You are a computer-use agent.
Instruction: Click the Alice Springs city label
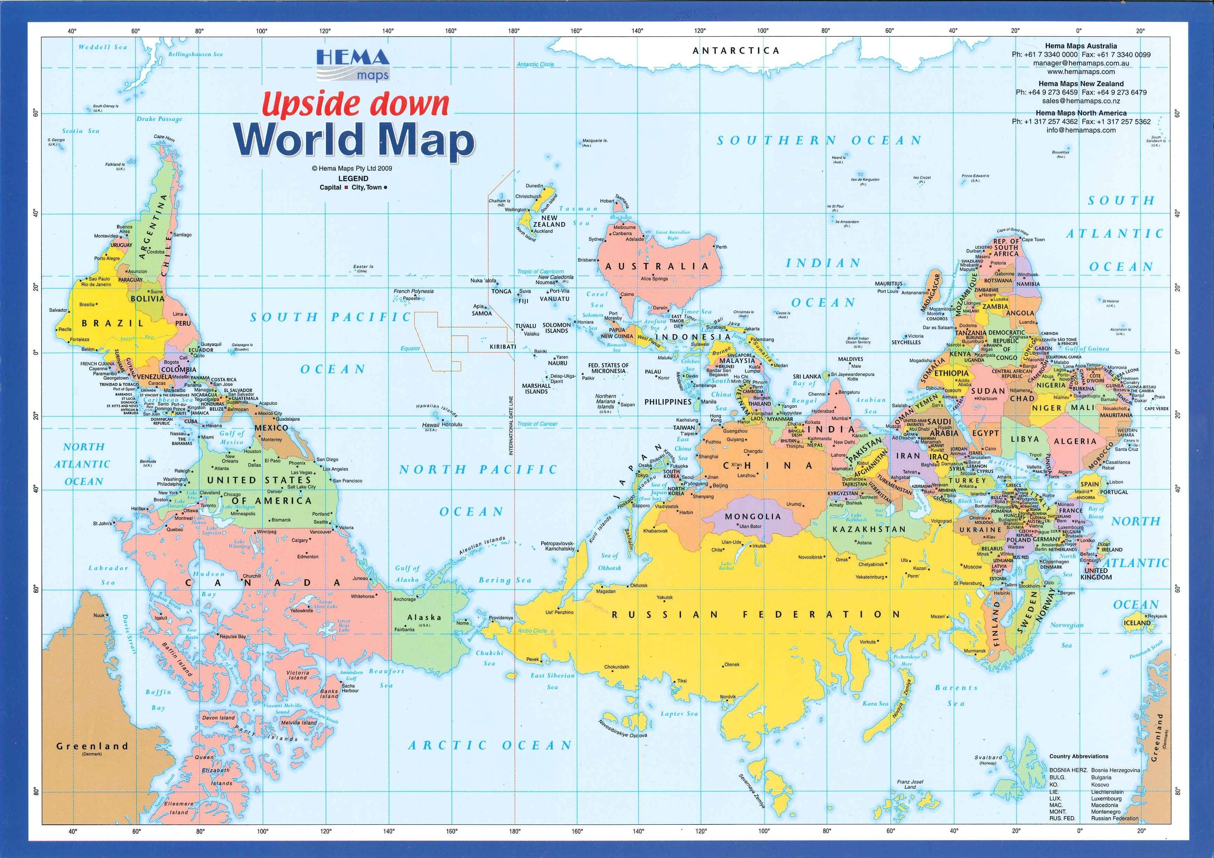[654, 279]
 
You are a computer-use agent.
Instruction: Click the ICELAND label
[1137, 623]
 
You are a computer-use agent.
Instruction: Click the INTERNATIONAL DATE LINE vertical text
[511, 426]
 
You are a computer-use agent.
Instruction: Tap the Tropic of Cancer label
[537, 423]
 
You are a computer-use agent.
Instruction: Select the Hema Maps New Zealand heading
[1081, 83]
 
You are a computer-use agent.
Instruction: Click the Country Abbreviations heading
[1079, 756]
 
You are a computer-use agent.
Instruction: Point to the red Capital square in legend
[346, 188]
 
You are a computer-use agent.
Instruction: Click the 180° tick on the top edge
[514, 31]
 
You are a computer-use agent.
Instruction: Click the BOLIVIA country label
[147, 298]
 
